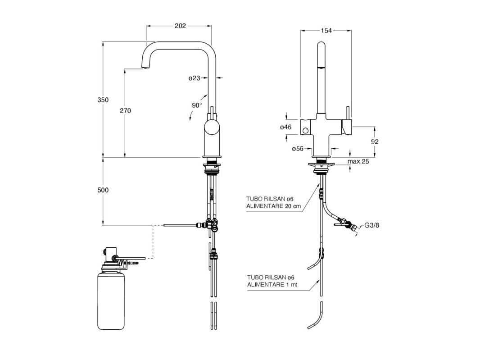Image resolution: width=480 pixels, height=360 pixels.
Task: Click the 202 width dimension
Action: click(x=180, y=26)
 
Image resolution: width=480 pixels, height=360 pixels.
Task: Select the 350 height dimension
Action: click(x=103, y=100)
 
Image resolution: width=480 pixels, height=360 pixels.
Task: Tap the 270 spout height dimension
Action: click(x=126, y=110)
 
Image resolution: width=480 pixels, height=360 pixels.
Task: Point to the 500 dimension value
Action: click(x=103, y=190)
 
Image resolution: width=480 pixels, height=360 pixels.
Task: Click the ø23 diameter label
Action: click(x=194, y=78)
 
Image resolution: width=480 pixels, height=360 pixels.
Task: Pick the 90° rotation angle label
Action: click(x=196, y=105)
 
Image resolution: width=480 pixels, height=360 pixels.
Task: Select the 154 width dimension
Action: click(x=326, y=31)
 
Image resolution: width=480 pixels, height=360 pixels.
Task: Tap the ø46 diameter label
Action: click(x=285, y=127)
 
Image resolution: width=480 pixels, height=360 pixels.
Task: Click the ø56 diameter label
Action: click(x=297, y=149)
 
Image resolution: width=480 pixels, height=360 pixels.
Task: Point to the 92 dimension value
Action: click(x=375, y=141)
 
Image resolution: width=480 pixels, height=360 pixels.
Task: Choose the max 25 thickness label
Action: click(x=358, y=161)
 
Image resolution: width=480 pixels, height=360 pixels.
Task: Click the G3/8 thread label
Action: click(x=372, y=225)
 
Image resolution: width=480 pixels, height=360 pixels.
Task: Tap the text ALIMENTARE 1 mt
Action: click(x=269, y=284)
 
